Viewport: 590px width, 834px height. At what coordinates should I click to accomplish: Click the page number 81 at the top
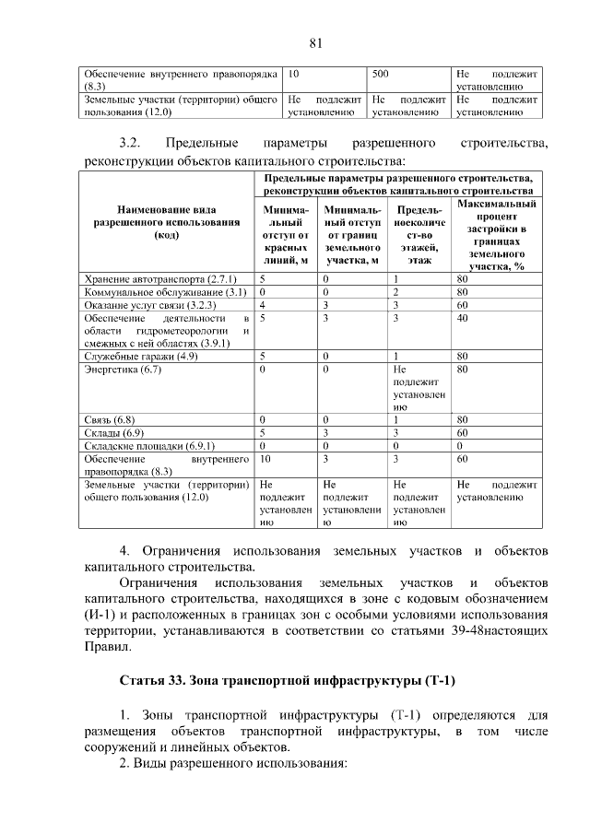(x=315, y=43)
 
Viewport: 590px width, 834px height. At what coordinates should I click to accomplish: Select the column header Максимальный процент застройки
(x=496, y=234)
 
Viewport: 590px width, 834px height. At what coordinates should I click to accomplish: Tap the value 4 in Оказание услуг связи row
(x=264, y=304)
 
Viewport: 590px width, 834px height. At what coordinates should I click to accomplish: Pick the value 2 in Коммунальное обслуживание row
(x=395, y=291)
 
